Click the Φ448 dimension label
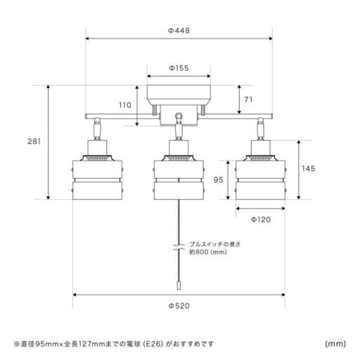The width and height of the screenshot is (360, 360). [179, 30]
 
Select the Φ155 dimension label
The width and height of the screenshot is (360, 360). [179, 68]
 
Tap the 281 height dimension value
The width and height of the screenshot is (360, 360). [34, 141]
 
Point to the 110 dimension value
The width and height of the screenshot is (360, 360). [125, 105]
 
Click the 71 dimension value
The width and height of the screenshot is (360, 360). [248, 100]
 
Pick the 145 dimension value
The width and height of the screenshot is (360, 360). [309, 169]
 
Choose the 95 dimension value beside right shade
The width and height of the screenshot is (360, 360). [218, 180]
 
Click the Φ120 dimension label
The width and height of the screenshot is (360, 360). [261, 219]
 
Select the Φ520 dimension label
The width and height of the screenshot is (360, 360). [179, 306]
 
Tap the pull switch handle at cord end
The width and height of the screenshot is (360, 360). [179, 285]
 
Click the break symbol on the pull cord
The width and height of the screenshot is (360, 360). [179, 247]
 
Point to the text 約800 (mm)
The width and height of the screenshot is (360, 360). [208, 252]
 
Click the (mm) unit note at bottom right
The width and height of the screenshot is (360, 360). [335, 344]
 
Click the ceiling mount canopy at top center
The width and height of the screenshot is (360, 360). [179, 95]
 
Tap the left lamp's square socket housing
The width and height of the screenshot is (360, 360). [97, 148]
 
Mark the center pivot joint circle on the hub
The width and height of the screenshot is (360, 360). [179, 115]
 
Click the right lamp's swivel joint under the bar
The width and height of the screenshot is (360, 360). [261, 120]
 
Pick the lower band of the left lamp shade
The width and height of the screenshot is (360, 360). [97, 191]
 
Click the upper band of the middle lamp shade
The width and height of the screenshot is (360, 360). [179, 169]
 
